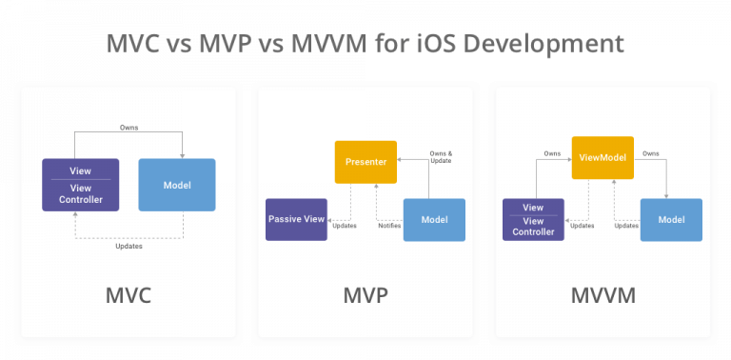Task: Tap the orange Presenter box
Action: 365,162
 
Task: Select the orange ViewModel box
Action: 603,157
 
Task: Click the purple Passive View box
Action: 296,219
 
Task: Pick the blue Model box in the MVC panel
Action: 177,185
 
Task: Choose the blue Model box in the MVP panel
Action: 434,219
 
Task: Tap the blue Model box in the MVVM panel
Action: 671,219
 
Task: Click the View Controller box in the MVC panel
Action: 81,185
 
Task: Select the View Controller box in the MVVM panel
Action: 533,219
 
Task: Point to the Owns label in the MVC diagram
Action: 129,127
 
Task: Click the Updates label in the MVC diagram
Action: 129,247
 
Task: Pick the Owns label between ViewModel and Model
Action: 650,152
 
